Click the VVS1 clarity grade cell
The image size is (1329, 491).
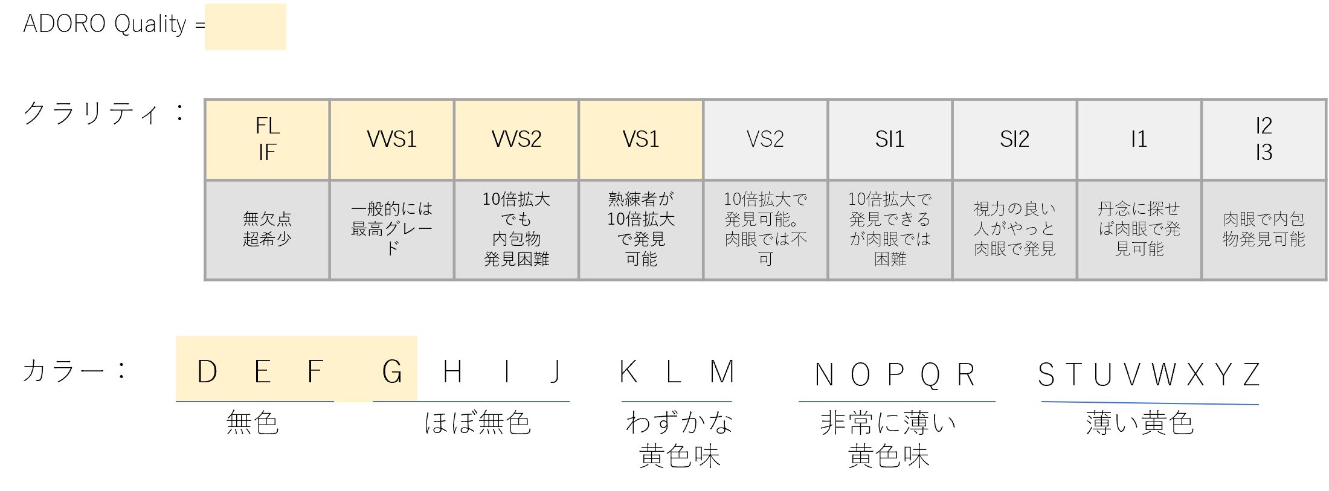pos(391,140)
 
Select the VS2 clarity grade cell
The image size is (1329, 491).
pos(765,140)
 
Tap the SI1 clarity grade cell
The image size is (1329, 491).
pos(889,140)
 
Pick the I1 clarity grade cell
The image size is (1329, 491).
pos(1139,140)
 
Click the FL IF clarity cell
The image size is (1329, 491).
pos(267,140)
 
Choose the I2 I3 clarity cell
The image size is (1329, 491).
pos(1264,140)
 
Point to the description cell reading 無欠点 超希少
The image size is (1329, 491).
pos(267,229)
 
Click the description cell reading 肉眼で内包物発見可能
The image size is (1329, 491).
pos(1264,229)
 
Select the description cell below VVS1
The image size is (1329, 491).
pos(391,229)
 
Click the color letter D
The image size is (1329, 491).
pos(207,371)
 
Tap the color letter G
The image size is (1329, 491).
pos(392,371)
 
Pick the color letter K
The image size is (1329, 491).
pos(628,371)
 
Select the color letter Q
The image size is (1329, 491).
pos(930,375)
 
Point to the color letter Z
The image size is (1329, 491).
pos(1252,375)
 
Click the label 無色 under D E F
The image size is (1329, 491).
pos(253,423)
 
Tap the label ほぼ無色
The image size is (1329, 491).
pos(477,423)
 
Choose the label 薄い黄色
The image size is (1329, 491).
pos(1140,423)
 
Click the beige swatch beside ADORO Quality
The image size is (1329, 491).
pos(245,27)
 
